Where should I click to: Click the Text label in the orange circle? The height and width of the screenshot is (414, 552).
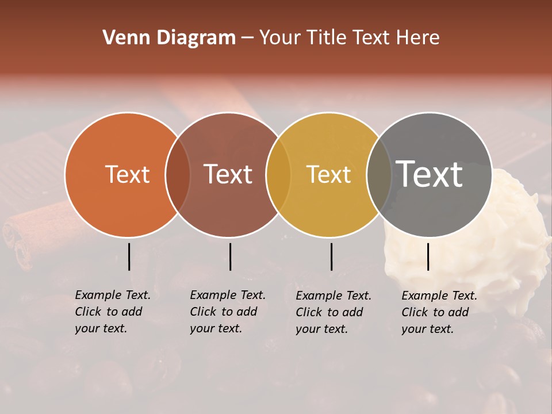click(x=127, y=174)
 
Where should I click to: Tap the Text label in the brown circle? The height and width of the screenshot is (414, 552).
click(x=228, y=174)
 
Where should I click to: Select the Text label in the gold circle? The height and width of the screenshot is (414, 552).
click(x=328, y=174)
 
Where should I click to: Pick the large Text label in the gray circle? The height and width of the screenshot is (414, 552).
click(x=429, y=174)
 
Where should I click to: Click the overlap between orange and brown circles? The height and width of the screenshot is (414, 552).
click(x=178, y=174)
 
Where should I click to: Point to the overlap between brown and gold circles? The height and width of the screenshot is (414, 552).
click(x=278, y=174)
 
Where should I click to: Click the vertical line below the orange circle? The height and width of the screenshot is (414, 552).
click(x=129, y=256)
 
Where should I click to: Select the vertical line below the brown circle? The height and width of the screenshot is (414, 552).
click(x=230, y=256)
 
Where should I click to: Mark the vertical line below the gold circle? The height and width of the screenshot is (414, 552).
click(x=331, y=256)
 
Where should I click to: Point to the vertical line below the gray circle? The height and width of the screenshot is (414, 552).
click(x=428, y=256)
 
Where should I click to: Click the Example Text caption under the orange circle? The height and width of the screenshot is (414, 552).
click(x=112, y=312)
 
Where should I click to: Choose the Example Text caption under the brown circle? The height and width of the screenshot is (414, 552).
click(x=227, y=312)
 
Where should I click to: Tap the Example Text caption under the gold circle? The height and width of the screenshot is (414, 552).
click(x=333, y=312)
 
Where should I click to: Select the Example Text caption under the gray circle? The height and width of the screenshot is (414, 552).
click(x=439, y=312)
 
